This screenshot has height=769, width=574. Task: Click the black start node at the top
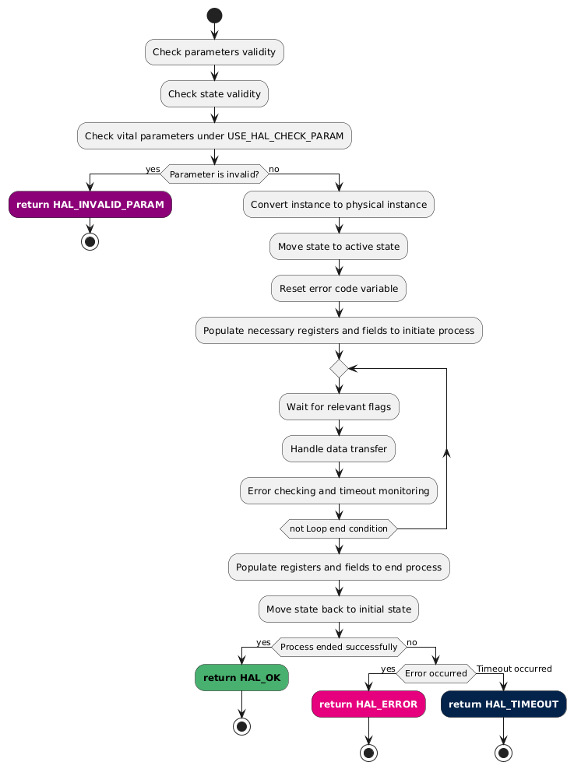click(214, 15)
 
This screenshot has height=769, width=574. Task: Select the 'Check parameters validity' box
click(214, 52)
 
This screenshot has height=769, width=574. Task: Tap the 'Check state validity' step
click(214, 94)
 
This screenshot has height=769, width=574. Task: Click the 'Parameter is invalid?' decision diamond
click(214, 174)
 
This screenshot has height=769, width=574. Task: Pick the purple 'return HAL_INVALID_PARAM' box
click(90, 204)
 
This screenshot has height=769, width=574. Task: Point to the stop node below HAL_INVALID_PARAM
click(90, 240)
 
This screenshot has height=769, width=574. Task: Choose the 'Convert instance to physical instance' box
click(339, 204)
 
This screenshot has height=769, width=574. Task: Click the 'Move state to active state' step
click(339, 246)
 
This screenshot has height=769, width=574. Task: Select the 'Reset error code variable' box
click(339, 288)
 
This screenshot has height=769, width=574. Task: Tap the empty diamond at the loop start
click(339, 368)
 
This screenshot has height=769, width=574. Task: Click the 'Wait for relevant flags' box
click(339, 406)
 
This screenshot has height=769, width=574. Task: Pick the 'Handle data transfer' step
click(339, 448)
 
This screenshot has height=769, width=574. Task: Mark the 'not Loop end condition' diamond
click(339, 529)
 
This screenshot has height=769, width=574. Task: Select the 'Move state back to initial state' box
click(339, 609)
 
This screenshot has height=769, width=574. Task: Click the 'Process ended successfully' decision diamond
click(339, 647)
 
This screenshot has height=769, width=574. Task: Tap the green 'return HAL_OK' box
click(241, 678)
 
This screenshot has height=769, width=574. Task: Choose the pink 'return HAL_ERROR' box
click(368, 704)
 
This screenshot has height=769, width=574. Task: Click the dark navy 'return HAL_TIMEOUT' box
click(503, 704)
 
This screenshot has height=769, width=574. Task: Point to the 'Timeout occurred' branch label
click(514, 669)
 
